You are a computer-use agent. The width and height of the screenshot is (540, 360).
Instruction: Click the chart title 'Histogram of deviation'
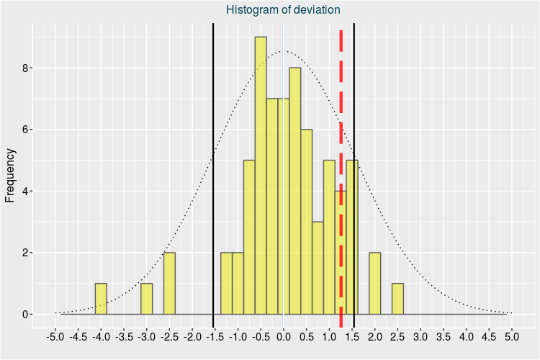tap(283, 9)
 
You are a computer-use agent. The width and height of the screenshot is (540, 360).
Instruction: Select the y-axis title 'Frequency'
tap(11, 175)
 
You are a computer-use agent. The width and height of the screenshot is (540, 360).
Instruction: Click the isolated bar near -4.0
tap(101, 299)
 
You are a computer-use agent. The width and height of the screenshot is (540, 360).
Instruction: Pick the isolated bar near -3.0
tap(146, 299)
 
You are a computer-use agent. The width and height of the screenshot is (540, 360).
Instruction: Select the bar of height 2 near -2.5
tap(169, 284)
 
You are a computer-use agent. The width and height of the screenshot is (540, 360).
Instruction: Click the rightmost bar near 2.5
tap(397, 299)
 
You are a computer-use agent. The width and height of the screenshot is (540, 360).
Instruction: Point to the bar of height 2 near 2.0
tap(374, 284)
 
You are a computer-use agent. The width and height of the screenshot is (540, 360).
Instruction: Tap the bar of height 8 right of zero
tap(295, 191)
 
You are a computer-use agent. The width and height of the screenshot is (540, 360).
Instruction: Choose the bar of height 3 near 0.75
tap(318, 268)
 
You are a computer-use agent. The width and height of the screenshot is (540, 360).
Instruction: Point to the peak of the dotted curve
tap(284, 51)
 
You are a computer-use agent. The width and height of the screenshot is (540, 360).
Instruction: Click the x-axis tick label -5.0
tap(55, 336)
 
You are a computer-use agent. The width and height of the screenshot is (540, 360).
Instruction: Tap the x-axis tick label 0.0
tap(284, 336)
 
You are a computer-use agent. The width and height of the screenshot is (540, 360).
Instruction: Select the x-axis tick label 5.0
tap(512, 336)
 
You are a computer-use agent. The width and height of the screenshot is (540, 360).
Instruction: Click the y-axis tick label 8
tap(24, 68)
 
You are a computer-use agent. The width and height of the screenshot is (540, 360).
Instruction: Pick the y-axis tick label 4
tap(24, 192)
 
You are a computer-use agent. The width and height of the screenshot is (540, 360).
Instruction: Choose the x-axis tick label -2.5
tap(169, 336)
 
